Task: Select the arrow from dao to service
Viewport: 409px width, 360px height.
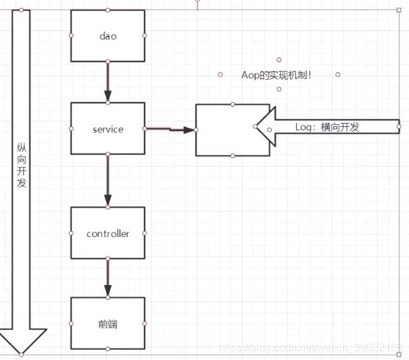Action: (107, 81)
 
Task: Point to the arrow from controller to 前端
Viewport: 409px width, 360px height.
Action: (107, 277)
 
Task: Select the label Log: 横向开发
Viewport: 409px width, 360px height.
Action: (327, 127)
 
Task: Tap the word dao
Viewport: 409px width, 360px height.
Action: (107, 36)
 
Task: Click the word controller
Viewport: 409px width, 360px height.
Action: (107, 234)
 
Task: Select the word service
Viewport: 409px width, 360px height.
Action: (107, 128)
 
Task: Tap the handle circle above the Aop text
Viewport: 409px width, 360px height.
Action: (279, 60)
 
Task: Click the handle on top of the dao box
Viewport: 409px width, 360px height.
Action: (107, 10)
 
